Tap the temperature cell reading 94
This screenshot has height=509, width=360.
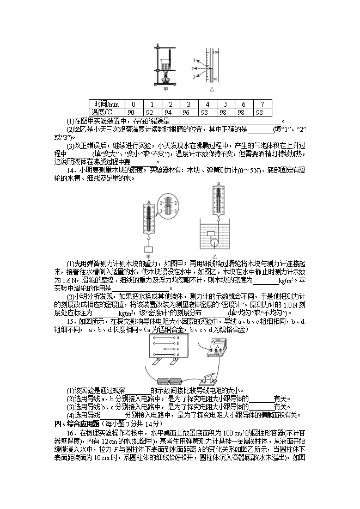tap(170, 112)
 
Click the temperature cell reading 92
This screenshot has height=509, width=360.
tap(152, 112)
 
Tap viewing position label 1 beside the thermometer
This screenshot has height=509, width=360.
tap(193, 59)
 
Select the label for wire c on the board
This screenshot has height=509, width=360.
tap(178, 349)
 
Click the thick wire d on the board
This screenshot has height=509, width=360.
tap(164, 354)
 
